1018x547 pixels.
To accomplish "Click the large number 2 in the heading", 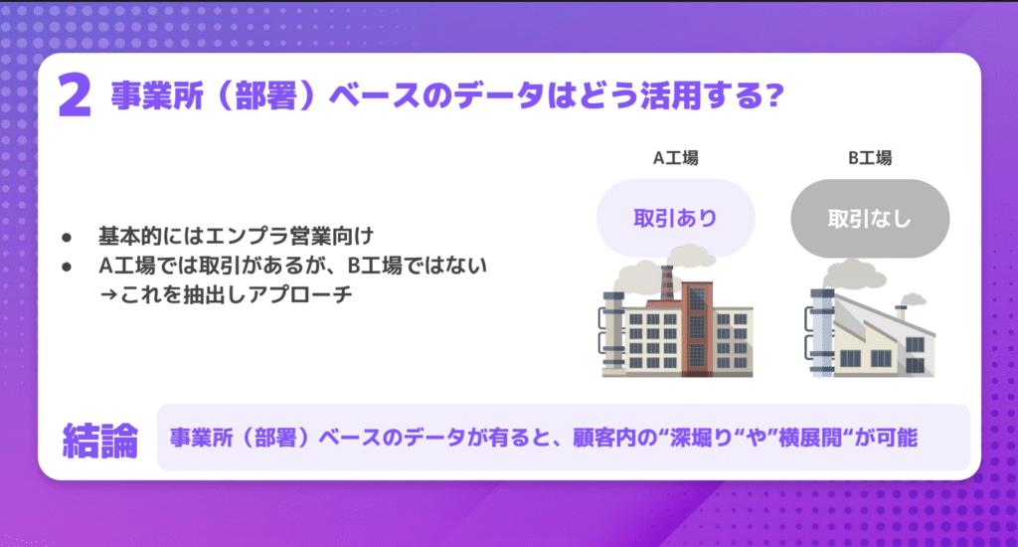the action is point(75,95).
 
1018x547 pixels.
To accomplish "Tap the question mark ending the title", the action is point(774,95).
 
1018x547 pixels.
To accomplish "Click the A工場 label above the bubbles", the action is point(675,158).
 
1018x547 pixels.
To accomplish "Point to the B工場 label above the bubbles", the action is point(870,158).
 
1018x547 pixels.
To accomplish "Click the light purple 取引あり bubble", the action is point(675,218).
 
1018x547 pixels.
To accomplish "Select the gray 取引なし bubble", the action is point(870,218).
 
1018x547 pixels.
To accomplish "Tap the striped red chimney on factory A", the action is point(667,283).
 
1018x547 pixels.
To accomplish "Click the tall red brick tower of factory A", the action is point(697,328).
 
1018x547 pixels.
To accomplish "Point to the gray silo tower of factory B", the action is point(822,332).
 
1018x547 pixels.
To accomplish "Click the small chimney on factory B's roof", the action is point(901,313).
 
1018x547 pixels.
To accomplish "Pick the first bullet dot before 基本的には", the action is point(67,238).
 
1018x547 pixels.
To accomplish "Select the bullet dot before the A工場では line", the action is point(67,267).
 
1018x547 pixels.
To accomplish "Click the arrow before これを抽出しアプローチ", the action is point(108,295).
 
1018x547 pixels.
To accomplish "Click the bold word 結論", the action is point(100,441).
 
